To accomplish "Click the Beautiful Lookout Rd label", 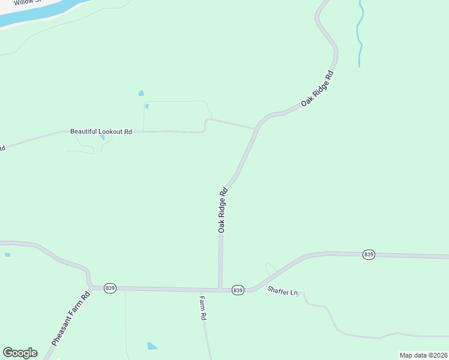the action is [x=101, y=131].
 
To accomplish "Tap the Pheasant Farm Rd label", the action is [x=70, y=319].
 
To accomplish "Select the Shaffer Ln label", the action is [x=283, y=292].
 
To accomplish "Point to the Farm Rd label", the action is [x=203, y=308].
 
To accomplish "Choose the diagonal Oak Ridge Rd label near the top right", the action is [x=317, y=89].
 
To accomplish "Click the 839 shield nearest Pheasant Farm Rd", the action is [x=110, y=288].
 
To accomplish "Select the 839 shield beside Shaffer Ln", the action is [x=238, y=290].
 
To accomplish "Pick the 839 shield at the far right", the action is [x=369, y=255].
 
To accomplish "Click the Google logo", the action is [x=20, y=353].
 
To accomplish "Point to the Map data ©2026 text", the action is [x=423, y=355].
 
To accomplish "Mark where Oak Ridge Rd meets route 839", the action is [x=220, y=290].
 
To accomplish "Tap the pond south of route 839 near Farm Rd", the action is [x=152, y=346].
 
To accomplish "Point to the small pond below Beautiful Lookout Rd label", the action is [x=102, y=137].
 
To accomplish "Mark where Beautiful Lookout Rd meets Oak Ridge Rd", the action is [x=256, y=128].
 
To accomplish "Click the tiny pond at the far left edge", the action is [x=7, y=255].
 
